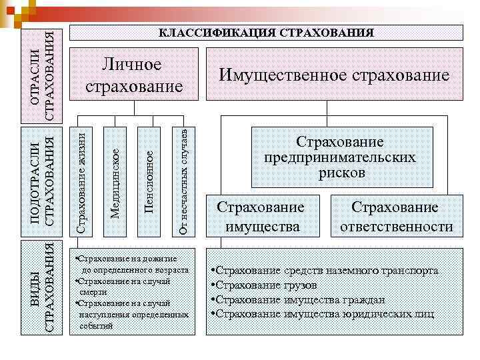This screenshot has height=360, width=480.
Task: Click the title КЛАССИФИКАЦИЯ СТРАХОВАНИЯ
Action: pyautogui.click(x=265, y=33)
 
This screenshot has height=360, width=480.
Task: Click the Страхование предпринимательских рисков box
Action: pyautogui.click(x=340, y=157)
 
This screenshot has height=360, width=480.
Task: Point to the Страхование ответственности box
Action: pyautogui.click(x=396, y=217)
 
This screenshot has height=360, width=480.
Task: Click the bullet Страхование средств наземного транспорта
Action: pyautogui.click(x=325, y=271)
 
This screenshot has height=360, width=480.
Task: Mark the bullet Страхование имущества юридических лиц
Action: pyautogui.click(x=323, y=313)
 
